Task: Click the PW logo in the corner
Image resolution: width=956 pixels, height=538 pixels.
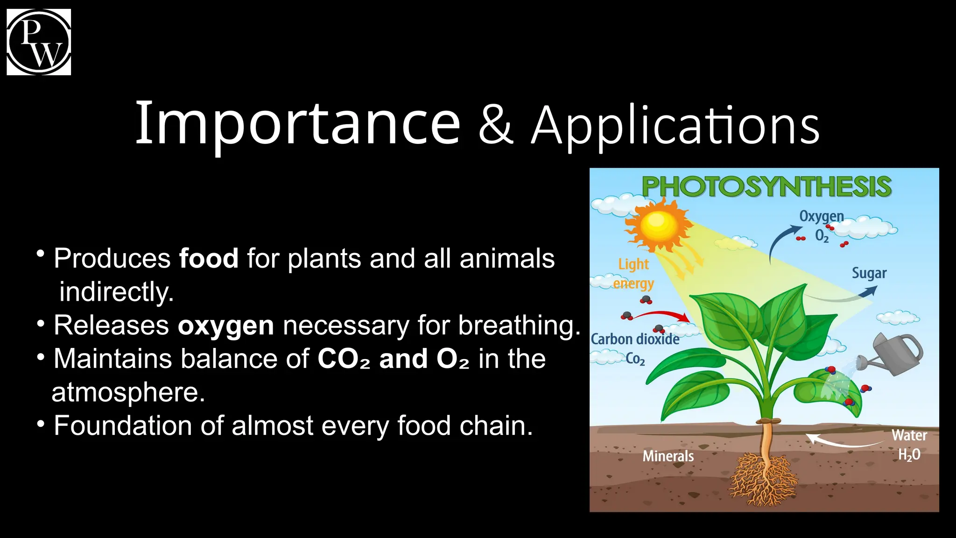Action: point(39,42)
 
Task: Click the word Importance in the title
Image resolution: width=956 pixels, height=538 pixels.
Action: point(297,124)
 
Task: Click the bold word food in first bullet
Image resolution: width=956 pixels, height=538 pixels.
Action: point(209,258)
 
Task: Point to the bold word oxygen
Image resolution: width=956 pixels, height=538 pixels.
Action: point(226,326)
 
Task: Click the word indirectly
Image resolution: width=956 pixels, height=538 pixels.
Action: point(117,292)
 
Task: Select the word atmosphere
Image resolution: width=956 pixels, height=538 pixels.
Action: point(128,392)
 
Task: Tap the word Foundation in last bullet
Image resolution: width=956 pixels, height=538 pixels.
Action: point(123,426)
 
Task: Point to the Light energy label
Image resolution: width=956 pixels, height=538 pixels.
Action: point(633,274)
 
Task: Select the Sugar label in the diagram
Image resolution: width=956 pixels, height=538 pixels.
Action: point(869,273)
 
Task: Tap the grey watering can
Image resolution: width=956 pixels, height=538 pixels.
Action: point(897,354)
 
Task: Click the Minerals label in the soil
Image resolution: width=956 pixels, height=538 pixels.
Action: point(668,456)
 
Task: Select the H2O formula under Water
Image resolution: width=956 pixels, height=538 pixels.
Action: point(909,454)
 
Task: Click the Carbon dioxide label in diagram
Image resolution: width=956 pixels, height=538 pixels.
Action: point(635,339)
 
